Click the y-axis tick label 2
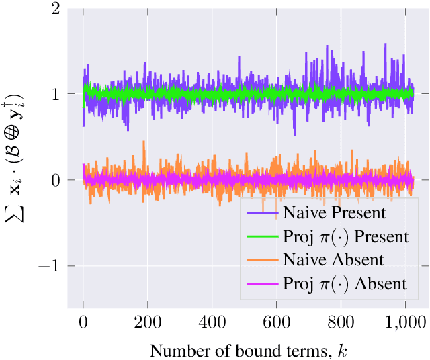(54, 9)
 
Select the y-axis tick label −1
(50, 267)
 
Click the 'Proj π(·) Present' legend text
(345, 237)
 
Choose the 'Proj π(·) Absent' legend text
(345, 283)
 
